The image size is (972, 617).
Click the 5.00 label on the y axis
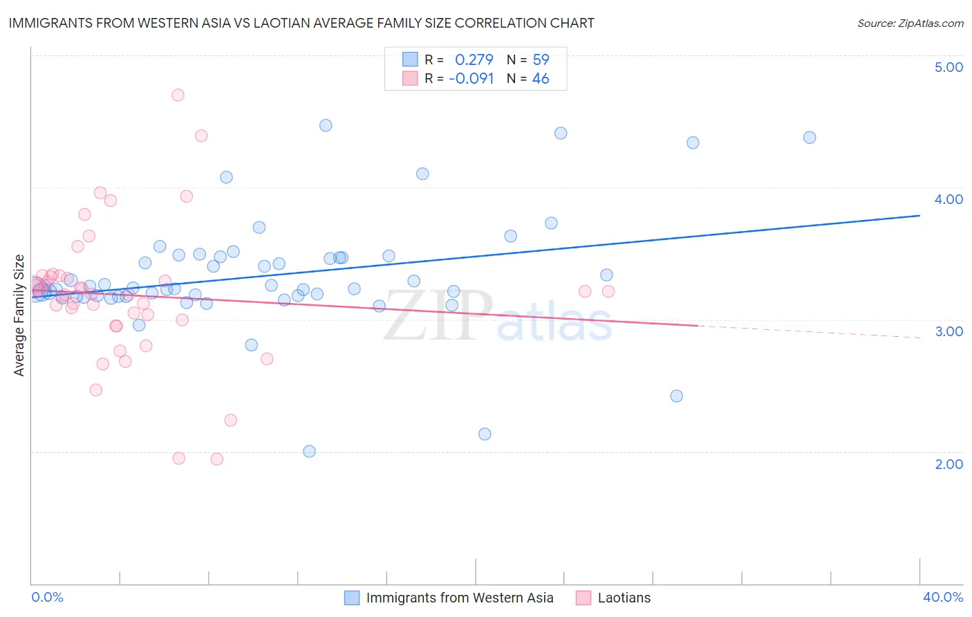click(948, 67)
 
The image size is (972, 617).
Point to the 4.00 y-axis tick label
click(948, 199)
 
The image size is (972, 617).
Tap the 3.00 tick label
click(948, 331)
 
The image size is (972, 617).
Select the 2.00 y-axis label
click(948, 464)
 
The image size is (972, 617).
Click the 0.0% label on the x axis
click(47, 597)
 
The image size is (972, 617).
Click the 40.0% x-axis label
click(942, 597)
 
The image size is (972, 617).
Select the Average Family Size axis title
click(19, 315)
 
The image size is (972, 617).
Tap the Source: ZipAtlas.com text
click(910, 23)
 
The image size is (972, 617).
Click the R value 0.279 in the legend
click(474, 59)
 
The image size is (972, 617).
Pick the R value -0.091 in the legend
click(471, 79)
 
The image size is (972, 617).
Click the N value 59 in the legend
click(541, 59)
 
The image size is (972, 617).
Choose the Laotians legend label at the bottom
click(624, 598)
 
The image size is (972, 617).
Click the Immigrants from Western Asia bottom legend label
click(459, 598)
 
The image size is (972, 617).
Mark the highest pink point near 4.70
click(178, 95)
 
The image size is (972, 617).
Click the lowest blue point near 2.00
click(309, 451)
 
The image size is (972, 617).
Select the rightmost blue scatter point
click(810, 137)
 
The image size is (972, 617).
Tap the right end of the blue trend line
click(919, 216)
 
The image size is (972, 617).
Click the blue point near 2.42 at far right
click(676, 396)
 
